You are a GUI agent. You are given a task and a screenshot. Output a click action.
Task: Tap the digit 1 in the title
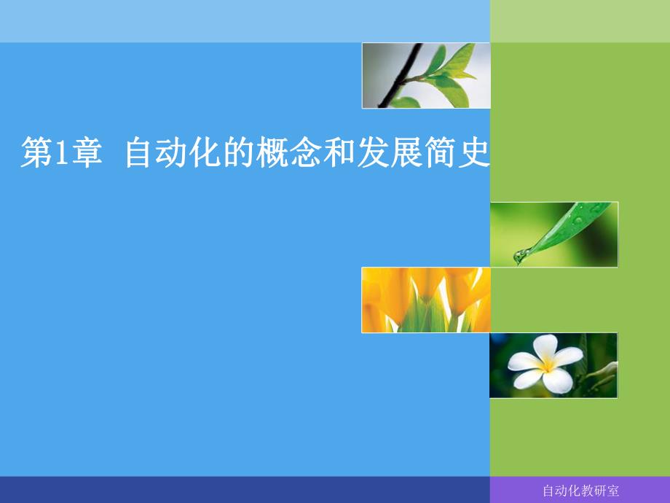pos(61,154)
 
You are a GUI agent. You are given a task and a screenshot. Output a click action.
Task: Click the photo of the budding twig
pos(425,75)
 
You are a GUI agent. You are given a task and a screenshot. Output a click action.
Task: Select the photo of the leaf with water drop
pos(553,234)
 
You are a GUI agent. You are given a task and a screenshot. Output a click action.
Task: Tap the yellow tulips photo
pos(425,300)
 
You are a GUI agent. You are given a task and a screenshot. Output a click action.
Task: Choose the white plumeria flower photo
pos(553,364)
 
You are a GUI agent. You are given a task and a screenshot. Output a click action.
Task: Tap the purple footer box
pos(580,490)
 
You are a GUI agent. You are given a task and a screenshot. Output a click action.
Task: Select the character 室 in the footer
pos(612,491)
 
